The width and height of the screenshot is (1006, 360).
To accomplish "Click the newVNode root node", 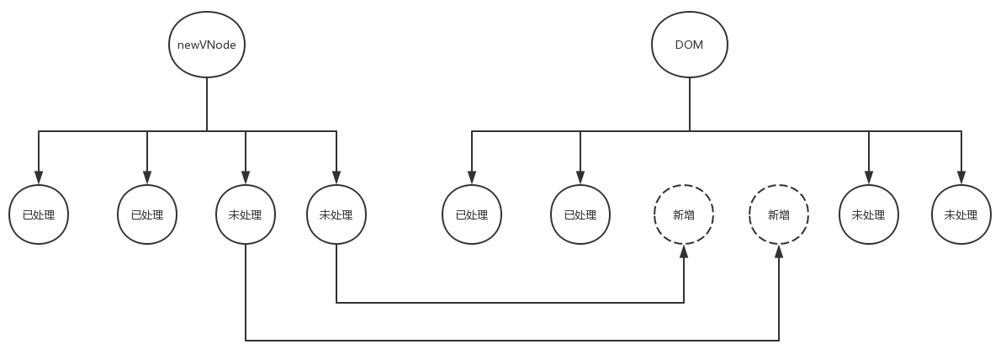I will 207,45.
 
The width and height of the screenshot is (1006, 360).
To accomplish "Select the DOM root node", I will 690,45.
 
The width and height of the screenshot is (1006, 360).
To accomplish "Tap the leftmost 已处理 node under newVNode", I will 39,214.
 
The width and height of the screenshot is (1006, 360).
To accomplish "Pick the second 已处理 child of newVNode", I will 147,214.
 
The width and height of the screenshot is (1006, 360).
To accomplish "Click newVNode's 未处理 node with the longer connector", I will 246,214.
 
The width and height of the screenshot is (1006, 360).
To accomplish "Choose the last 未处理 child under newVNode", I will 336,214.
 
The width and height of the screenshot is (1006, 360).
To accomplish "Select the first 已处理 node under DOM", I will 472,214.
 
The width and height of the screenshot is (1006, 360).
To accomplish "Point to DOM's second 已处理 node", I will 580,214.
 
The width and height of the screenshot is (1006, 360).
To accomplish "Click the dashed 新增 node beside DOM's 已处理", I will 684,214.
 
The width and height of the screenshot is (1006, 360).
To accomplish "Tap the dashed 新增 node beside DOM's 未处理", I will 779,214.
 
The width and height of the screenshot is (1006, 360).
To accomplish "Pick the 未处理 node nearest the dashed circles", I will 869,214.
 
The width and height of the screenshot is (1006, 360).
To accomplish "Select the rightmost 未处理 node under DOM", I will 961,214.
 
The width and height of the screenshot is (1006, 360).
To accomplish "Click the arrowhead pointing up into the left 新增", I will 684,251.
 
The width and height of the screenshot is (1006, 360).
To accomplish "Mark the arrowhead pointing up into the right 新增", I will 779,251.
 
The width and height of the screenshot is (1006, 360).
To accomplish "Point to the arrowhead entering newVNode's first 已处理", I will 39,178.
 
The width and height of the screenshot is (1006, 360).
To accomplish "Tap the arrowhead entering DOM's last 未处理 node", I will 961,178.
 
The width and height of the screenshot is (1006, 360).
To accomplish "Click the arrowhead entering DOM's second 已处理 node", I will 580,178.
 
